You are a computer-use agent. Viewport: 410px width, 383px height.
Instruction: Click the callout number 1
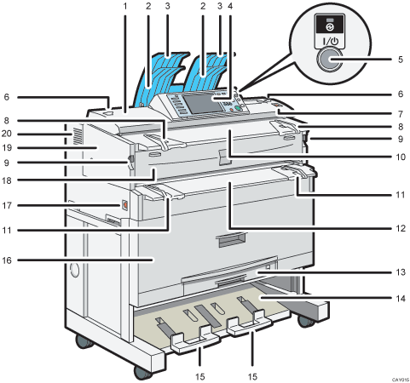click(x=125, y=7)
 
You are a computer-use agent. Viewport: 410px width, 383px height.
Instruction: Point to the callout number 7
click(x=399, y=111)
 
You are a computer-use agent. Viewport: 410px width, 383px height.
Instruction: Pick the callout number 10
click(x=399, y=156)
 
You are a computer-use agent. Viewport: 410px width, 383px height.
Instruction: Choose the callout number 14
click(x=399, y=299)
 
